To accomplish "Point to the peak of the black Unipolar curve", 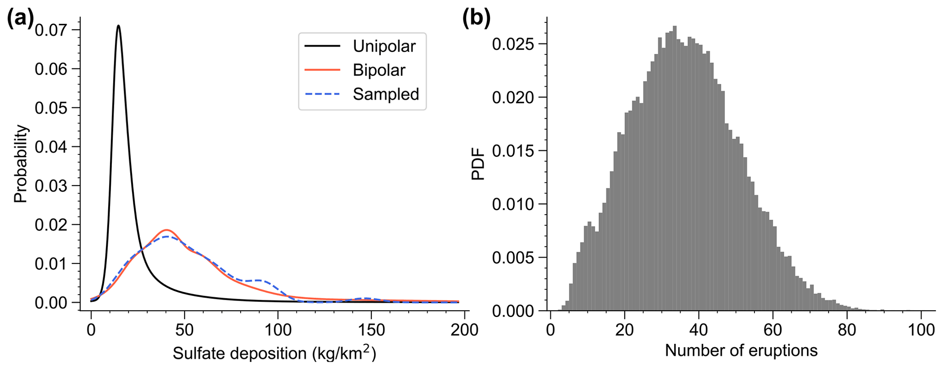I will [x=119, y=26].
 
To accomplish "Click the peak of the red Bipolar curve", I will [x=166, y=230].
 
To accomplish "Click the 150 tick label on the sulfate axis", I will [x=370, y=330].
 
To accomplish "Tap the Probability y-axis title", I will [x=21, y=164].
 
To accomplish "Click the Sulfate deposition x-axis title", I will [x=274, y=354].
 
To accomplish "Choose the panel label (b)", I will [x=476, y=19].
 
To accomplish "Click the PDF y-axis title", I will [x=478, y=164].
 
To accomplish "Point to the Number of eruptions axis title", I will [x=741, y=351].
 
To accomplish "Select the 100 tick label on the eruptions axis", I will [x=921, y=330].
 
